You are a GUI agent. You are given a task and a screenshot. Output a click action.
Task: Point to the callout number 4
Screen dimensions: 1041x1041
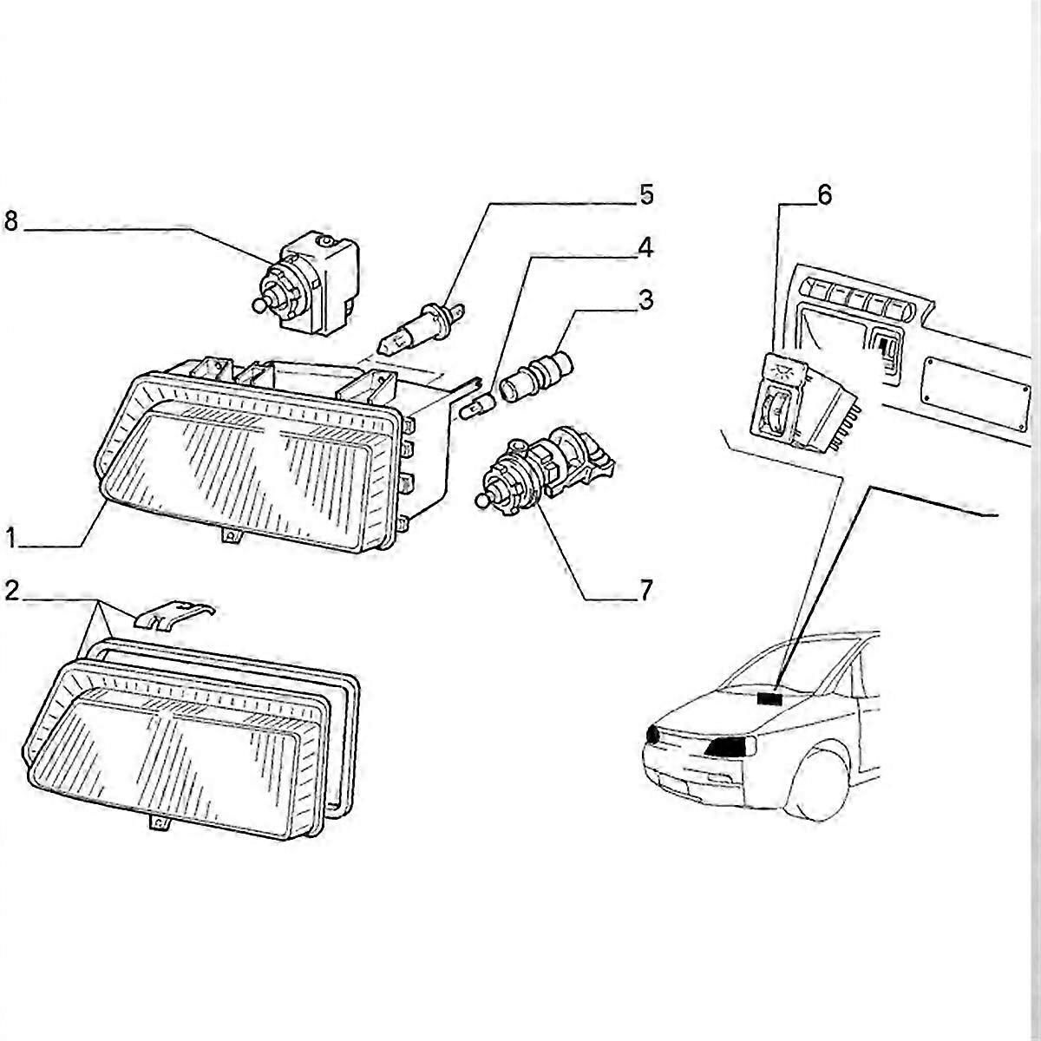(x=645, y=248)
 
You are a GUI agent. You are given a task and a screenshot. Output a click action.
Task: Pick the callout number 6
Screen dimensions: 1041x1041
(x=823, y=195)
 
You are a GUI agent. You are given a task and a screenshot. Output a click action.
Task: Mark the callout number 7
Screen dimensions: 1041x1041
(x=645, y=592)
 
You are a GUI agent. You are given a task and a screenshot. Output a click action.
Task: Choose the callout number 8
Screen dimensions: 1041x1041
(x=11, y=221)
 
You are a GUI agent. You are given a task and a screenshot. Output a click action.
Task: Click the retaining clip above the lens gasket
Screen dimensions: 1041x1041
(x=173, y=613)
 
